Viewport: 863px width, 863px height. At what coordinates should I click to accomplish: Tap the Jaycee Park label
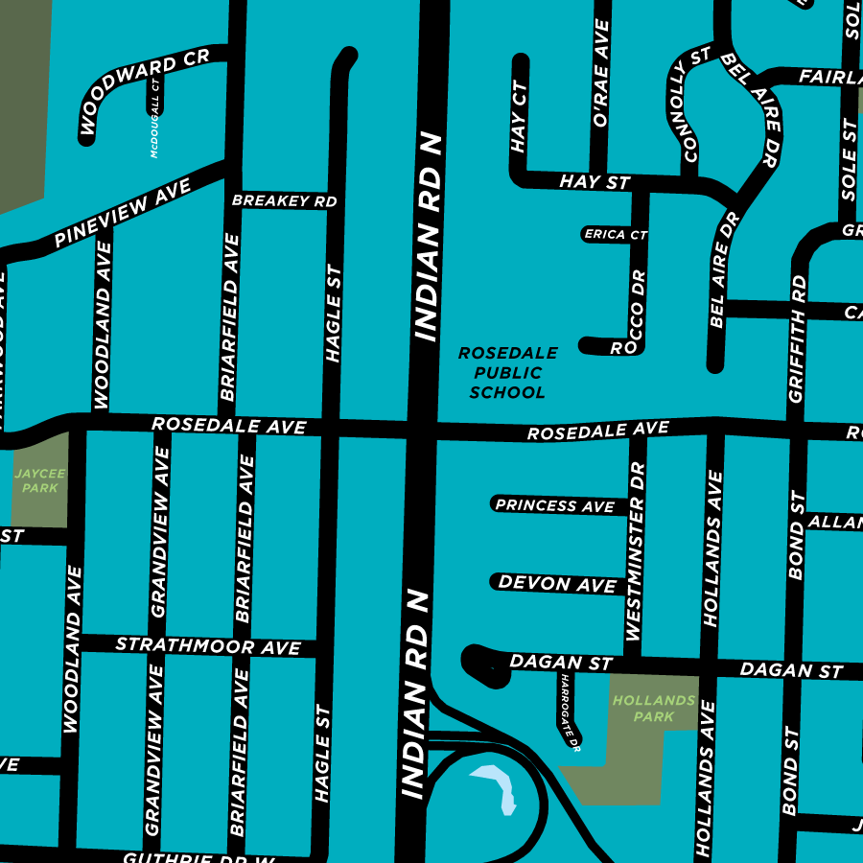tap(40, 480)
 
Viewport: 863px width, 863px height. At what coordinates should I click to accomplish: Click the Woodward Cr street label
tap(142, 92)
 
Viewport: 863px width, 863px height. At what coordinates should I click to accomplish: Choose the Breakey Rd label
tap(285, 200)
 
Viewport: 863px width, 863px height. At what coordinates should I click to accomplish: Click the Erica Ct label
tap(616, 234)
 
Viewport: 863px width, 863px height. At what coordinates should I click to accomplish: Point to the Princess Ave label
tap(555, 505)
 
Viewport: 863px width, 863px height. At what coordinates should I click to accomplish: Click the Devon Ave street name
tap(558, 583)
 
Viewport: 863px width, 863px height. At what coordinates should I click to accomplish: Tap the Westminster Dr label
tap(636, 551)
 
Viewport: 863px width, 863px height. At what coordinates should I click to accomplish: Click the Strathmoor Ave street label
tap(208, 645)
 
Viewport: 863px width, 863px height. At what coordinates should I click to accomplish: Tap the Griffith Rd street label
tap(798, 338)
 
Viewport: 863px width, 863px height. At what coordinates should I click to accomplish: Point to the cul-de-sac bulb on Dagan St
tap(483, 664)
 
